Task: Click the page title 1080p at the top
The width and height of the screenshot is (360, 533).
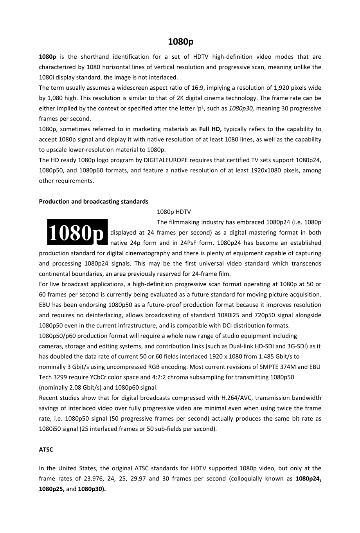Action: (180, 42)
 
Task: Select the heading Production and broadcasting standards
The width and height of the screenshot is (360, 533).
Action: (94, 201)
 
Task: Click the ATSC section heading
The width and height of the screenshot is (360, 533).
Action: (46, 450)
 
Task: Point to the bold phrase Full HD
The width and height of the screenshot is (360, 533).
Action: (210, 129)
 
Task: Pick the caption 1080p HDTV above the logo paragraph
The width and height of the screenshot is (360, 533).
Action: (174, 212)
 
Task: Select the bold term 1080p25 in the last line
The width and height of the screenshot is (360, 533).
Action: (51, 489)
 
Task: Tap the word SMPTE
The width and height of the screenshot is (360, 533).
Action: (269, 367)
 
